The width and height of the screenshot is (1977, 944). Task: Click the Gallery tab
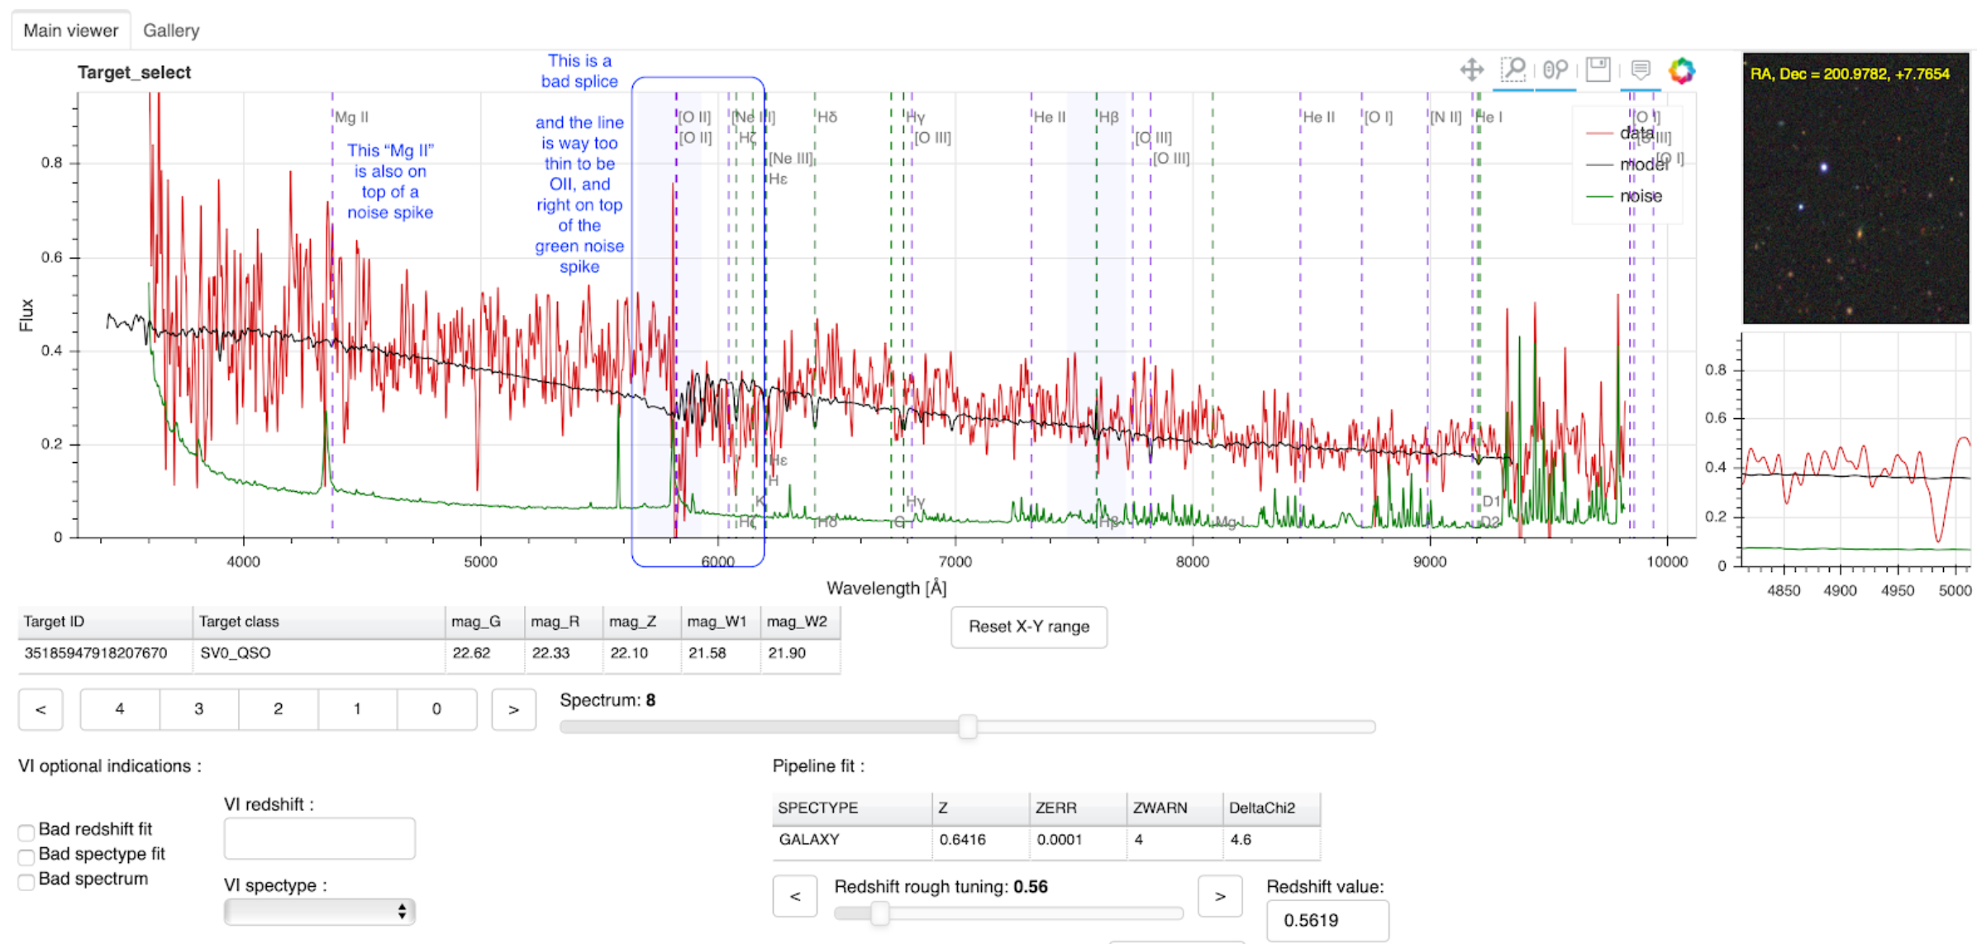click(171, 31)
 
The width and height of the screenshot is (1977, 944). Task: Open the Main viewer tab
click(70, 31)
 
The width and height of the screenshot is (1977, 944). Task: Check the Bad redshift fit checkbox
click(26, 832)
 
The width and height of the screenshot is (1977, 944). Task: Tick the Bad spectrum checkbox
click(26, 881)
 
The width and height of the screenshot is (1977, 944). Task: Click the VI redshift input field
click(319, 839)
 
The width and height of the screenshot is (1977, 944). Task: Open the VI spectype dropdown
click(319, 911)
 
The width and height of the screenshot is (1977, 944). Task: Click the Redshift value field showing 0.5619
click(1327, 920)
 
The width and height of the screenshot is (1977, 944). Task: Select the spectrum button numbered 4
click(120, 708)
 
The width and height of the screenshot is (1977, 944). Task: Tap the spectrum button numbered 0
click(436, 708)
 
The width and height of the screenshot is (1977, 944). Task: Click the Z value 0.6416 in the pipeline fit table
click(962, 839)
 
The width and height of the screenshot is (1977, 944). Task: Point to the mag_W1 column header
click(717, 622)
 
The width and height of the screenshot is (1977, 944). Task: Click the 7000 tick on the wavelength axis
click(955, 562)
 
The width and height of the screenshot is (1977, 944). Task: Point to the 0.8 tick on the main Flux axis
click(52, 163)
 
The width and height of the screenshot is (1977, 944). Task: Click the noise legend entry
click(1640, 196)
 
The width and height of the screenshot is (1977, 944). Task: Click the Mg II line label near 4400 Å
click(352, 117)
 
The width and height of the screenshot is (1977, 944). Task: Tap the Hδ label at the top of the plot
click(827, 117)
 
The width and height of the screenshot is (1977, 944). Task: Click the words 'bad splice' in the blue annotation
click(579, 81)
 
